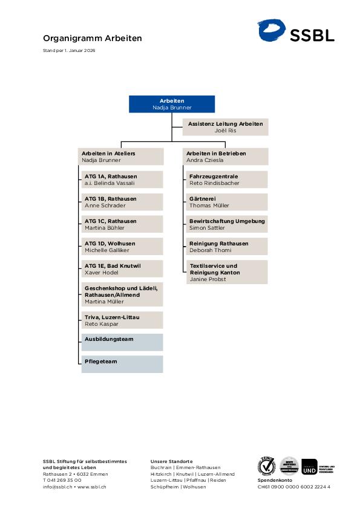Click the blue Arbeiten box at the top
(x=172, y=104)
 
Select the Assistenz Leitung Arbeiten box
(x=225, y=127)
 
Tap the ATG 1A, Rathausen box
(x=122, y=180)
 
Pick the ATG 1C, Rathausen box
(x=122, y=224)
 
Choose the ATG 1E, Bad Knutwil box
(x=122, y=269)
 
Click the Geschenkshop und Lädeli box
(x=122, y=295)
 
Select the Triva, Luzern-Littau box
(x=122, y=320)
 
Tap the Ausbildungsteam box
(x=122, y=342)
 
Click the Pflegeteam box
(x=122, y=364)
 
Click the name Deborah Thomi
(x=211, y=250)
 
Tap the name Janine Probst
(x=208, y=279)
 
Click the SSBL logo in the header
(x=296, y=31)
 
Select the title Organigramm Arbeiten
(x=93, y=38)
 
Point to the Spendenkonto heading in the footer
(x=273, y=481)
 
